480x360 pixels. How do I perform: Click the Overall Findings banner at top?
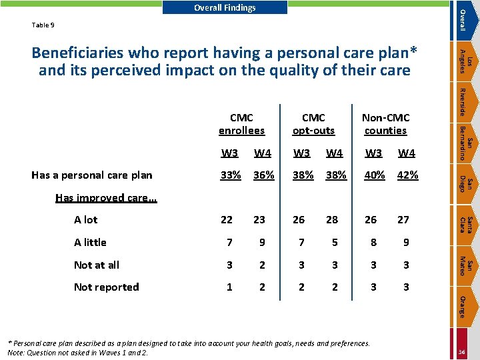(x=225, y=7)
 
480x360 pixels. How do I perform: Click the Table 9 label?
(x=43, y=25)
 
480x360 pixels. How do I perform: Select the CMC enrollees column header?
(x=241, y=124)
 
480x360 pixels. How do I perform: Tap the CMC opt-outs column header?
(x=313, y=124)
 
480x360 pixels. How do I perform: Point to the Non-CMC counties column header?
(x=386, y=124)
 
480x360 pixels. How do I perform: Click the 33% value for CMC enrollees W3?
(x=231, y=175)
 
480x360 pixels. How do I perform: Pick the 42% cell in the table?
(x=407, y=175)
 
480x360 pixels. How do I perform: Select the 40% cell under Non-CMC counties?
(x=375, y=175)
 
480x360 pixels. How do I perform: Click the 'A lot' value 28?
(x=332, y=219)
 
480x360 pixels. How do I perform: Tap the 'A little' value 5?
(x=335, y=242)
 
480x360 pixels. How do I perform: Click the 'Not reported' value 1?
(x=229, y=287)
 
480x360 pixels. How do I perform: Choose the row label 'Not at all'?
(x=97, y=265)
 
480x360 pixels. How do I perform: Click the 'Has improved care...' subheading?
(x=106, y=198)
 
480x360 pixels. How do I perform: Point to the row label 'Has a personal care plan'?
(x=92, y=175)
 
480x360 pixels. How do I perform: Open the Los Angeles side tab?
(x=465, y=61)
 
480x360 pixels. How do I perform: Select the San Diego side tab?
(x=465, y=184)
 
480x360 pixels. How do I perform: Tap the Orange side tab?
(x=465, y=307)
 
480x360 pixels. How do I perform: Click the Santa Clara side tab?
(x=465, y=225)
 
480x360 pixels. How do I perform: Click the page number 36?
(x=461, y=352)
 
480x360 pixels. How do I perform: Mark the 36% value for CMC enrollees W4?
(x=263, y=175)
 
